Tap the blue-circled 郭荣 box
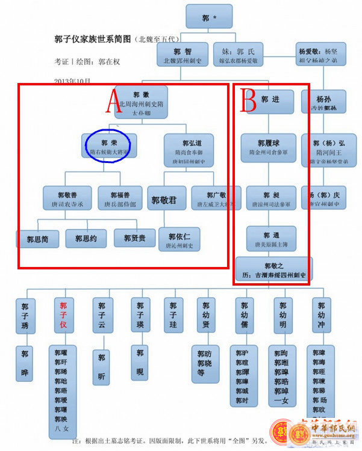[x=110, y=147]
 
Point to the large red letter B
[x=249, y=100]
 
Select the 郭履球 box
[x=268, y=147]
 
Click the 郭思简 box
[x=41, y=239]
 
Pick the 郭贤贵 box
[x=135, y=238]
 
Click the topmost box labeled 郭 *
[x=209, y=17]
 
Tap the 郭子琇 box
[x=25, y=315]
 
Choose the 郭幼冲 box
[x=321, y=315]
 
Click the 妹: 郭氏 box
[x=243, y=55]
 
